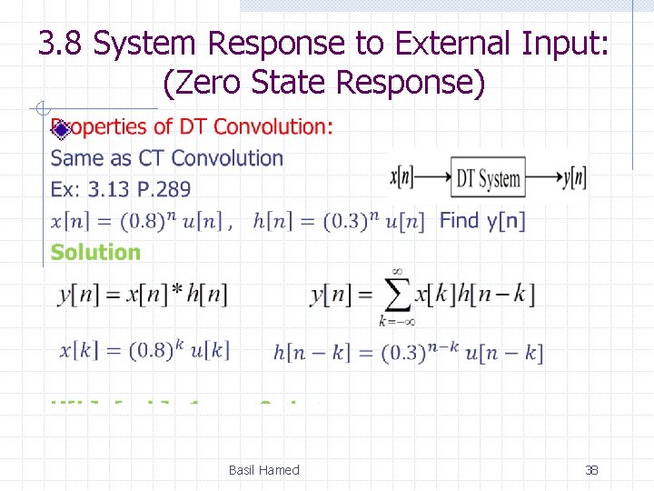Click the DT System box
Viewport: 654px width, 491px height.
pyautogui.click(x=489, y=178)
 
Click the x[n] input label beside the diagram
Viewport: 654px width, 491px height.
pyautogui.click(x=402, y=178)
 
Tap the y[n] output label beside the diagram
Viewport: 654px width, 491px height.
pyautogui.click(x=575, y=178)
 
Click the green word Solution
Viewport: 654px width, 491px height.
pyautogui.click(x=95, y=252)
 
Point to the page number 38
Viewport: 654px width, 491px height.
pyautogui.click(x=591, y=470)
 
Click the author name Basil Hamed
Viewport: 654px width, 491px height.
pyautogui.click(x=263, y=470)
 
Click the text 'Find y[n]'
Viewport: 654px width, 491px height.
pyautogui.click(x=482, y=220)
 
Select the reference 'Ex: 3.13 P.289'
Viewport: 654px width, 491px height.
pyautogui.click(x=121, y=189)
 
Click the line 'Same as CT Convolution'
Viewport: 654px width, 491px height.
pyautogui.click(x=167, y=158)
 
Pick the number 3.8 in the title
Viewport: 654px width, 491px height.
pyautogui.click(x=62, y=44)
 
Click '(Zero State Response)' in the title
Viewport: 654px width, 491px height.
pyautogui.click(x=324, y=83)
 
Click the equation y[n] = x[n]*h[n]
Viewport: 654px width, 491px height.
pyautogui.click(x=143, y=294)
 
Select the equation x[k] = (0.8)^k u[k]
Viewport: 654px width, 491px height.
pyautogui.click(x=144, y=351)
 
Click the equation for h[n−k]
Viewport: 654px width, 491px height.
pyautogui.click(x=408, y=353)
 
